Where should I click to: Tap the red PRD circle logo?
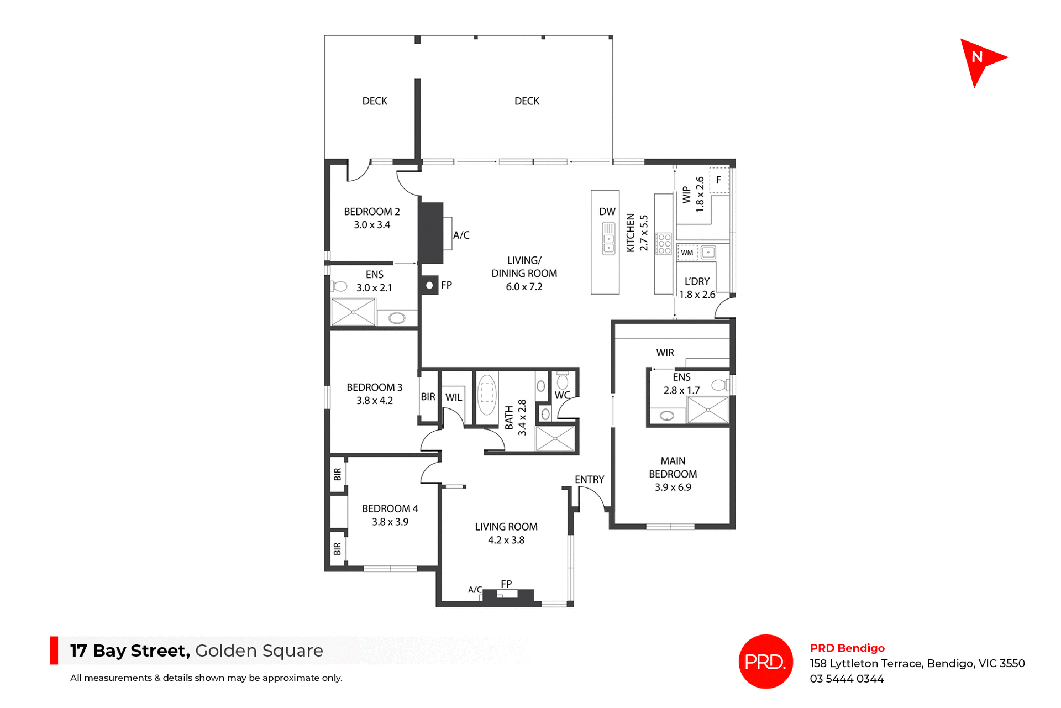(x=765, y=661)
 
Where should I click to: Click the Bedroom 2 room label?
(x=372, y=212)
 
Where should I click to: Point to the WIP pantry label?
(x=686, y=195)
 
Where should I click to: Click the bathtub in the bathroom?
(x=487, y=395)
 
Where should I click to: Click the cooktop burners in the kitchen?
(x=664, y=244)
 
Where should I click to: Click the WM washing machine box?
(x=687, y=253)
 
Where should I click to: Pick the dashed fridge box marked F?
(x=719, y=180)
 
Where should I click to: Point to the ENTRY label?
(x=589, y=480)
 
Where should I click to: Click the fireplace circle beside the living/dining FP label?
(x=429, y=285)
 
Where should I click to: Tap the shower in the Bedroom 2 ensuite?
(x=353, y=312)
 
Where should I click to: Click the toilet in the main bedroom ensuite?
(x=719, y=385)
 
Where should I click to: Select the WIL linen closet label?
(x=454, y=397)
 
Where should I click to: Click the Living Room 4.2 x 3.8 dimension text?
(x=506, y=540)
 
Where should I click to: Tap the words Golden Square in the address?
(x=259, y=651)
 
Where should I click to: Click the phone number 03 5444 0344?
(x=847, y=679)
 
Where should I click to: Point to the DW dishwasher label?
(x=607, y=212)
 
